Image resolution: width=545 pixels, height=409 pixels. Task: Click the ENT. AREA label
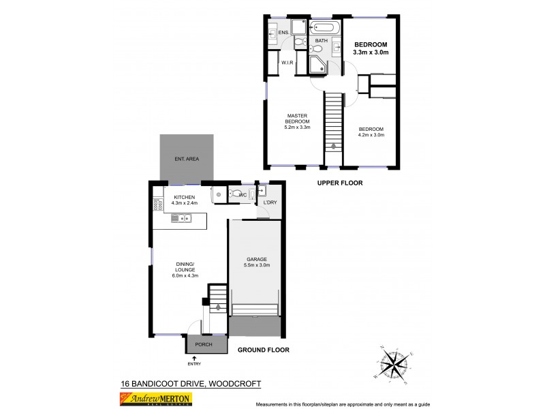click(x=186, y=159)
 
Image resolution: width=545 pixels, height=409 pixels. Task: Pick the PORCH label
click(x=204, y=345)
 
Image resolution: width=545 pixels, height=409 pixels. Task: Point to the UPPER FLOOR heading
click(x=339, y=183)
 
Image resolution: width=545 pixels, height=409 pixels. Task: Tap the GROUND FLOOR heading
click(x=263, y=350)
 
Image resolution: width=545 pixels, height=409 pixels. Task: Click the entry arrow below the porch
click(x=203, y=357)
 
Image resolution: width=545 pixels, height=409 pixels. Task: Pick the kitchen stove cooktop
click(x=157, y=203)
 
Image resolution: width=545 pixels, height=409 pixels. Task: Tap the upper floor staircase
click(x=332, y=123)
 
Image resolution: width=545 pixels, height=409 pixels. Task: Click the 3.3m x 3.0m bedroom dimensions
click(x=370, y=52)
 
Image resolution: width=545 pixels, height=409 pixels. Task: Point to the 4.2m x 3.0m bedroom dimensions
click(x=371, y=135)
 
